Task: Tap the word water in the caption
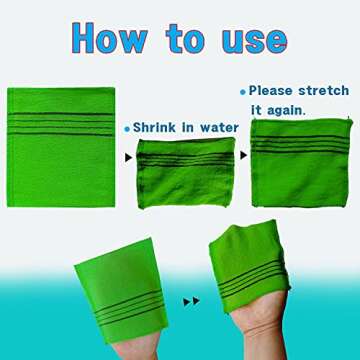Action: (x=219, y=128)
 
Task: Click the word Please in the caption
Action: (x=272, y=89)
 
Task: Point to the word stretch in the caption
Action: (x=324, y=89)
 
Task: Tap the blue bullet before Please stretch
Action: (x=242, y=90)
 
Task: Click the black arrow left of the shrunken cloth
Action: (x=126, y=158)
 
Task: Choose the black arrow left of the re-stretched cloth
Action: (x=243, y=157)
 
